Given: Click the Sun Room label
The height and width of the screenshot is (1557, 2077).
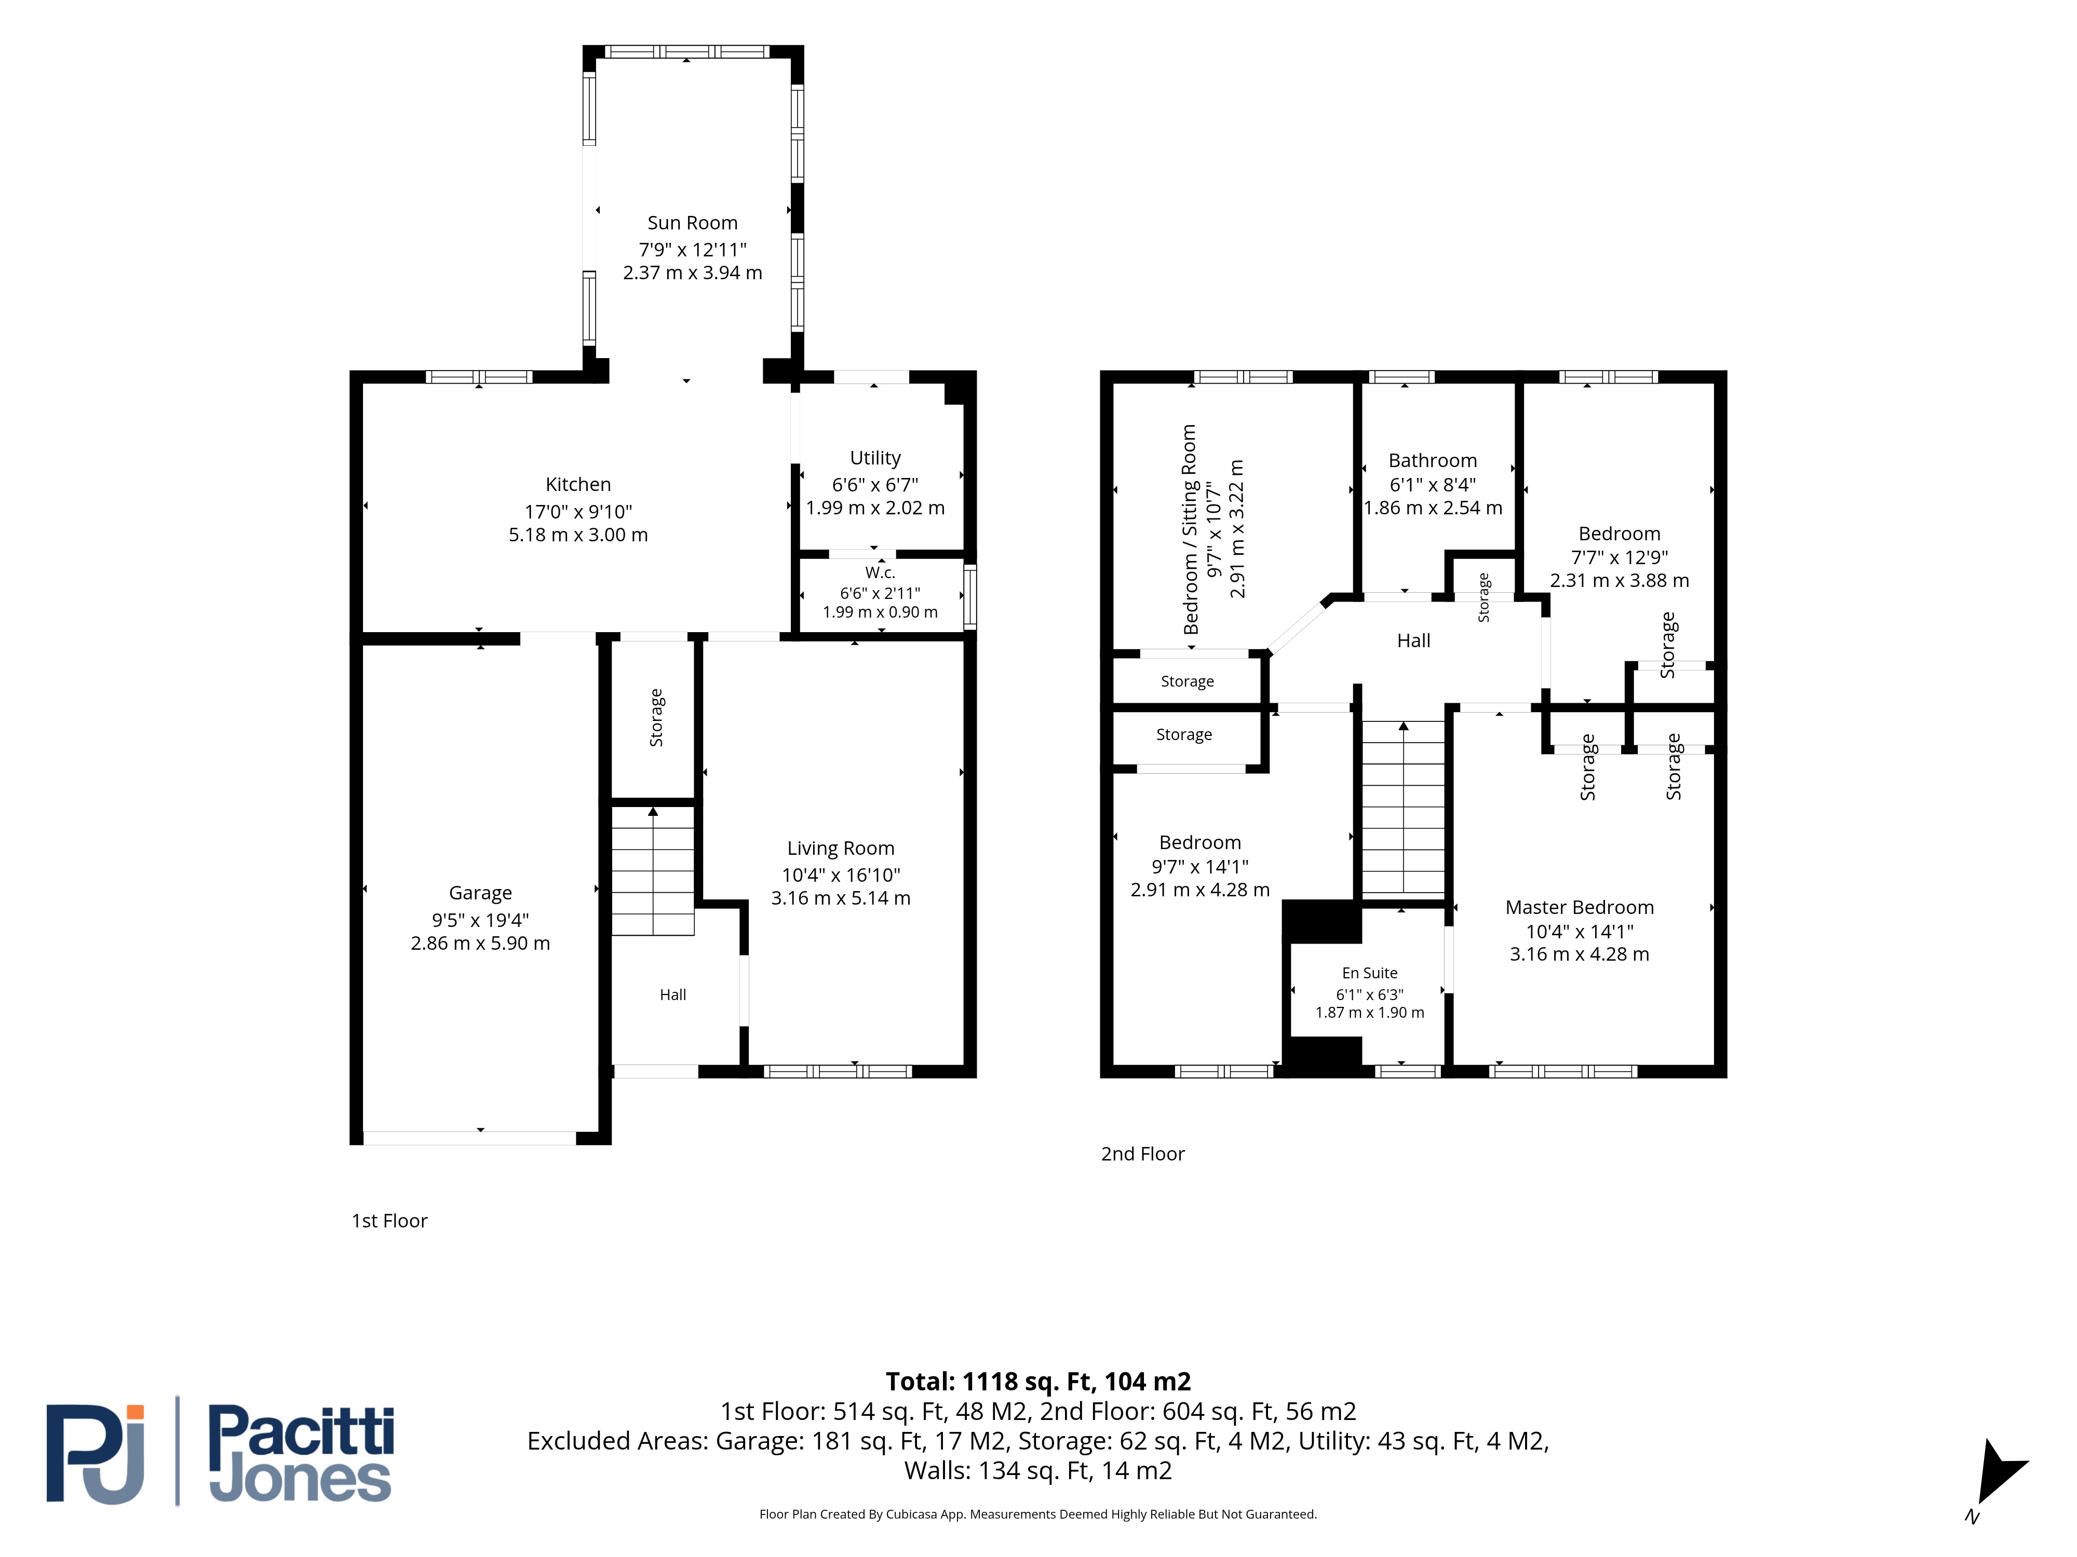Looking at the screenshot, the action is [x=692, y=223].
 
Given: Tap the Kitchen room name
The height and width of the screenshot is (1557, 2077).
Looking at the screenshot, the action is [x=578, y=484].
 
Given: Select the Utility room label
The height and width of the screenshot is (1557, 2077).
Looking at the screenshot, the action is [x=875, y=458].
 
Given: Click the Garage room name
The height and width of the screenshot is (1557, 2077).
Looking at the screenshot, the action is [x=481, y=893].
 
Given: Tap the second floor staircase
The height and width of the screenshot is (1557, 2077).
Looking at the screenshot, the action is [x=1403, y=807].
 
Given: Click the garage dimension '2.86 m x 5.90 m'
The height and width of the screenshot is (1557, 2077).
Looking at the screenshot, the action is [x=481, y=943].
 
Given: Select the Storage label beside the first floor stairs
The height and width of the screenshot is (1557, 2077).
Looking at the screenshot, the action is [x=656, y=718].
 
